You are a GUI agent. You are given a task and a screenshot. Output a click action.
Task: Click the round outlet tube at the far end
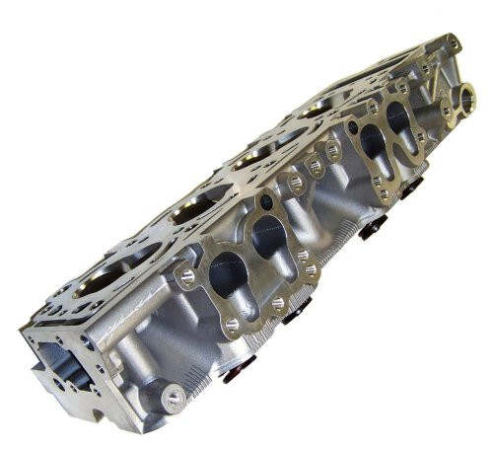point(463,98)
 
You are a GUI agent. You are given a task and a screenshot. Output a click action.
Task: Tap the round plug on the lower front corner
point(174,398)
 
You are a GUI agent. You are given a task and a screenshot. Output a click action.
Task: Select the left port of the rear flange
point(373,140)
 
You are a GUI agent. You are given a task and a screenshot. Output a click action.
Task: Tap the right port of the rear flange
point(399,117)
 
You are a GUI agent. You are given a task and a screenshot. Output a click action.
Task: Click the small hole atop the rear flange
point(379,110)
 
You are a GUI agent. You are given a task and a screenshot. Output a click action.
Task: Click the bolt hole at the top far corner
point(453,43)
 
